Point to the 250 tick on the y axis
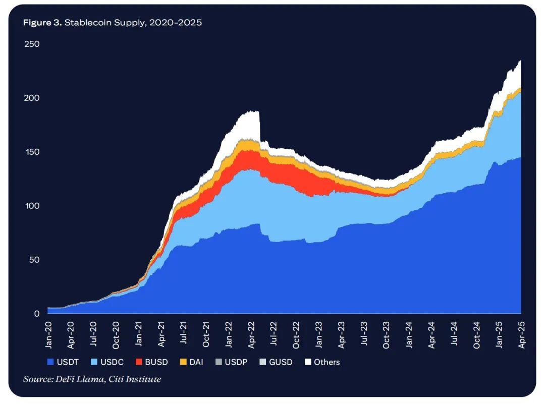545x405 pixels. click(x=31, y=44)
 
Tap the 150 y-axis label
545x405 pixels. click(x=31, y=152)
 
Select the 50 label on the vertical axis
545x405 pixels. click(x=33, y=260)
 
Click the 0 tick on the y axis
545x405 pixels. click(x=36, y=314)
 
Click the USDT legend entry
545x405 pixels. click(x=63, y=362)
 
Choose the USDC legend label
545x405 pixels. click(x=107, y=362)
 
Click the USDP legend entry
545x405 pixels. click(x=231, y=362)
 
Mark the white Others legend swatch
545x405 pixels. click(x=307, y=362)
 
